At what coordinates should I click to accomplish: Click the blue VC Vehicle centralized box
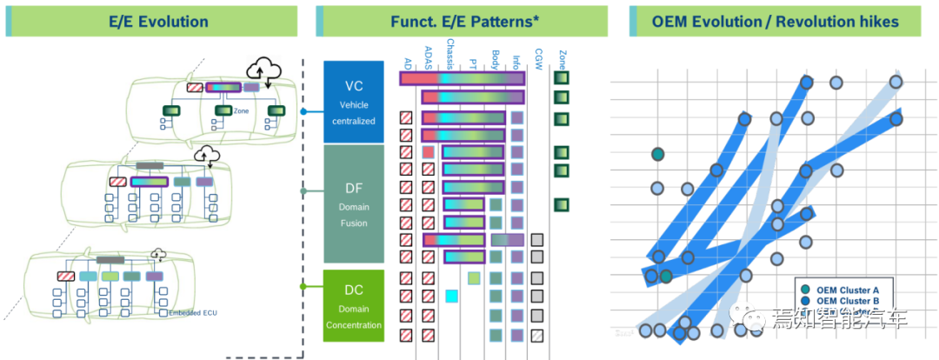click(x=353, y=102)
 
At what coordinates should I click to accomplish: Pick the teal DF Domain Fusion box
click(x=353, y=203)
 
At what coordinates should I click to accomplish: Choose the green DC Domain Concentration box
click(x=353, y=305)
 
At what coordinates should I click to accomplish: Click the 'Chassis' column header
click(x=449, y=54)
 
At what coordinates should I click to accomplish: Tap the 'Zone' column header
click(x=562, y=59)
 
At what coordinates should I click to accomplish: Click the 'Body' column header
click(x=495, y=60)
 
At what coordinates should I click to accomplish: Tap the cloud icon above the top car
click(x=264, y=69)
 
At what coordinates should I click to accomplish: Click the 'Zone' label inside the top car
click(x=242, y=111)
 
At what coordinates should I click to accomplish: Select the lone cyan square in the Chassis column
click(x=451, y=296)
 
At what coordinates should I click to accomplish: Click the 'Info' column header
click(x=516, y=62)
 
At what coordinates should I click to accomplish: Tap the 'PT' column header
click(x=472, y=63)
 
